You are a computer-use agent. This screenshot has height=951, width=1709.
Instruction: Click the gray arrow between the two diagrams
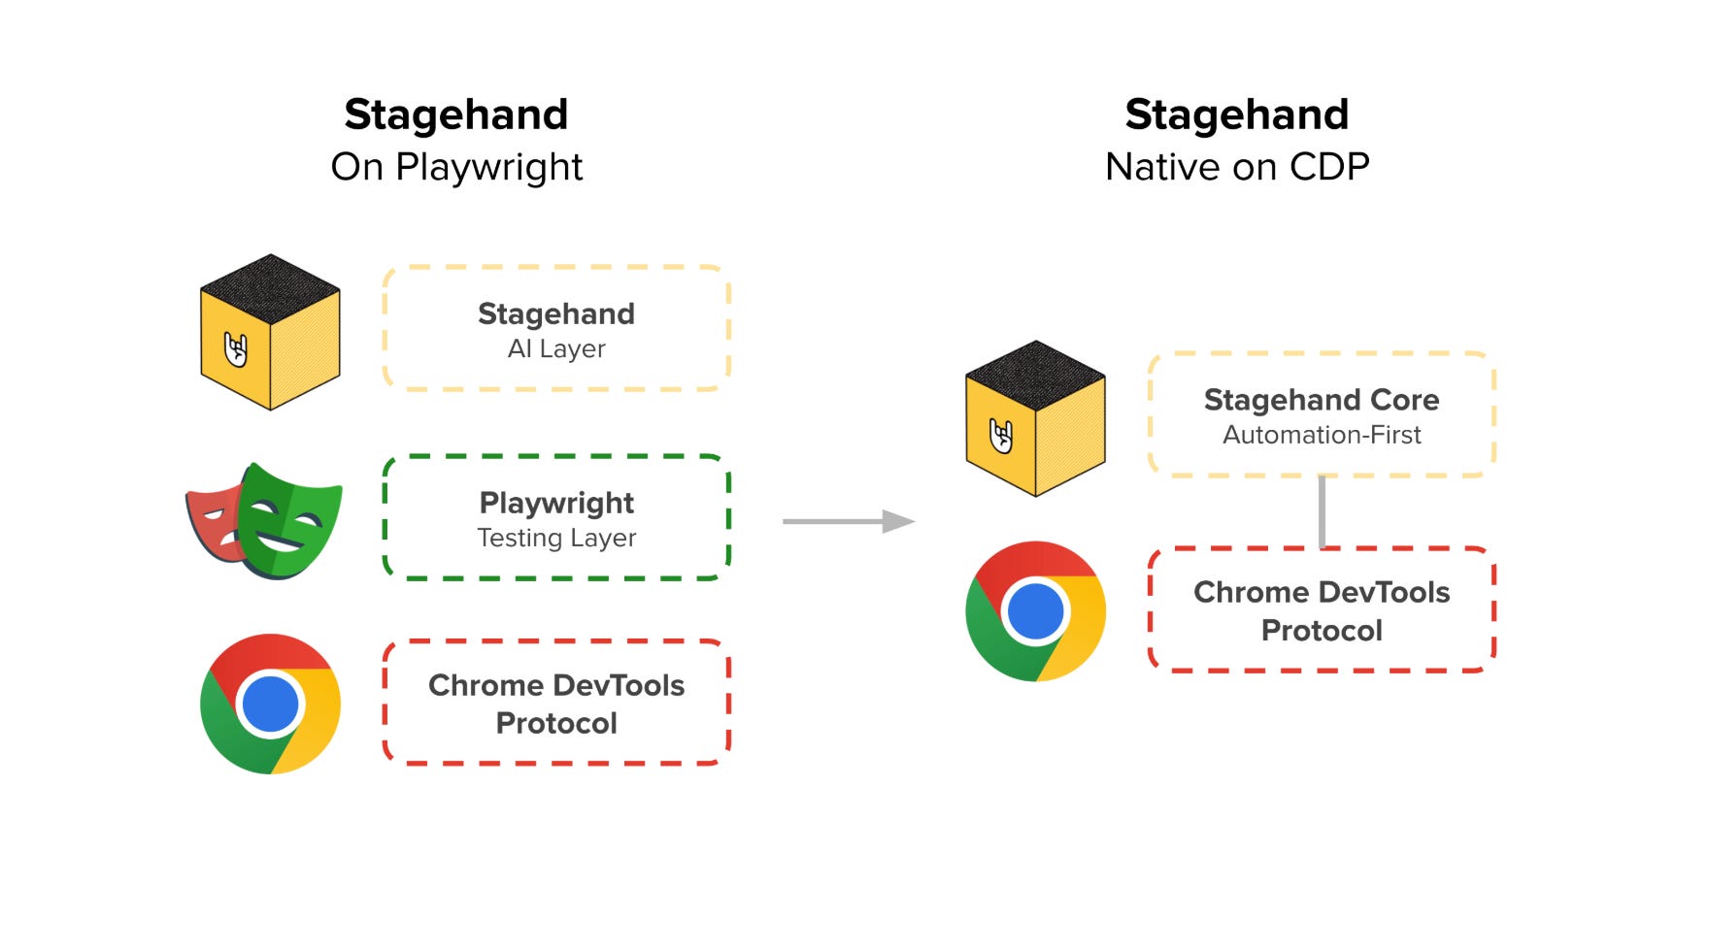point(847,522)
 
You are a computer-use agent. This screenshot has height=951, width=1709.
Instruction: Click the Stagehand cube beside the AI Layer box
point(270,332)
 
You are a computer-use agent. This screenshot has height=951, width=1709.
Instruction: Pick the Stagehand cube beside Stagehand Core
point(1035,418)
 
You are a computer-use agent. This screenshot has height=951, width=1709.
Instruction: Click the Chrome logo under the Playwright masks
point(270,704)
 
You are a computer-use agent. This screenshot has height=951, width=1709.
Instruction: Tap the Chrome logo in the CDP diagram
point(1035,611)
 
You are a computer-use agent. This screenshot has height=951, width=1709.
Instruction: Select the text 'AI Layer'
point(556,349)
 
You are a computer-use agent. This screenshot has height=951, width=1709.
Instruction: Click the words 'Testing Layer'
point(556,538)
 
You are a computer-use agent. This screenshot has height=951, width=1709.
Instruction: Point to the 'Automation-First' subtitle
point(1322,435)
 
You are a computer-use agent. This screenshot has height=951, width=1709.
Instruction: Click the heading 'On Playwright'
point(456,167)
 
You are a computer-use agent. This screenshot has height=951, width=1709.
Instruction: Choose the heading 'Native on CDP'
point(1237,167)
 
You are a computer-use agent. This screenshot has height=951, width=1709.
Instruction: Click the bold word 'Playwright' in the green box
point(556,503)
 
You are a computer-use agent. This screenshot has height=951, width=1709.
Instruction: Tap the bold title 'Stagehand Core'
point(1322,400)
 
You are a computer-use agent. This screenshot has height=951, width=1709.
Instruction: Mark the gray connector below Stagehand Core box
point(1322,512)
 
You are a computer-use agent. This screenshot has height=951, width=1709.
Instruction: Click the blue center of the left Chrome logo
point(270,704)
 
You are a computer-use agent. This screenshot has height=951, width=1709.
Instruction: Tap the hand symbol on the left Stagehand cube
point(236,349)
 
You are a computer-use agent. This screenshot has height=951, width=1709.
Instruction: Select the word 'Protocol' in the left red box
point(556,723)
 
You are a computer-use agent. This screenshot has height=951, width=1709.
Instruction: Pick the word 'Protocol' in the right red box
point(1322,631)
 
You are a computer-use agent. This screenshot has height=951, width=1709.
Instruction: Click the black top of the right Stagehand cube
point(1035,375)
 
